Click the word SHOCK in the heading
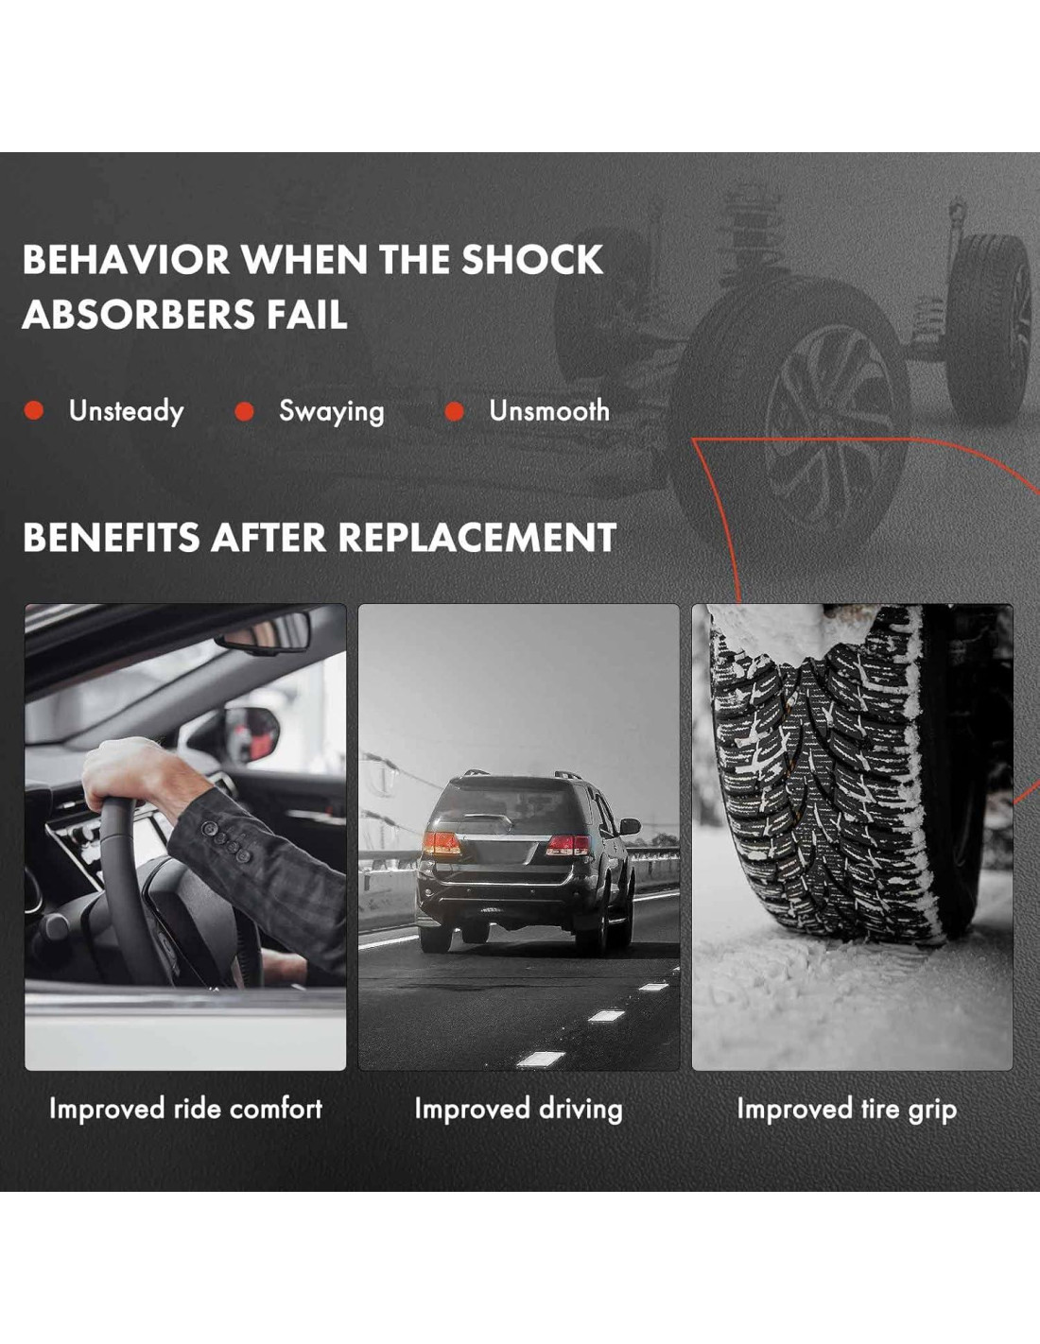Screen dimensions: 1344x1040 click(x=531, y=260)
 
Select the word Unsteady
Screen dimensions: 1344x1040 click(x=126, y=411)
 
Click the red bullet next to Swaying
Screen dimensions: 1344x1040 click(x=244, y=411)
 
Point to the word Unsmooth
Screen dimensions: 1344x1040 click(x=548, y=411)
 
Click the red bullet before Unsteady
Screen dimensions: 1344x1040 click(x=34, y=411)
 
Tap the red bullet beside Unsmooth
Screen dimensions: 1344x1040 click(x=454, y=411)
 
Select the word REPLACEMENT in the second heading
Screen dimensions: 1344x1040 click(x=477, y=538)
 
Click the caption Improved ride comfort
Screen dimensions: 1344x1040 click(x=185, y=1109)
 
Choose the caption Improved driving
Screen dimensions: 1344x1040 click(x=518, y=1109)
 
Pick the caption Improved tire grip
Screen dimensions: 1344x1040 click(x=846, y=1109)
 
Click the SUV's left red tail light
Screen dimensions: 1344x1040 click(x=441, y=843)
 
